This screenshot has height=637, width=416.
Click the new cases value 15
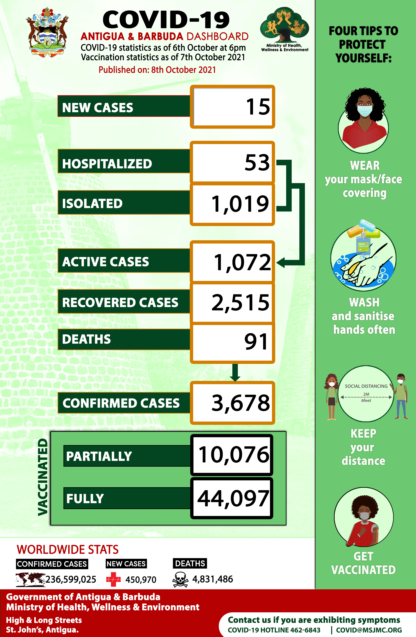[258, 107]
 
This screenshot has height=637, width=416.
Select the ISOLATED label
[92, 203]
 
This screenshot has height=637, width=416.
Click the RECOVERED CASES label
[120, 302]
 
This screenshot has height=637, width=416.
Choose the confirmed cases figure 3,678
[241, 403]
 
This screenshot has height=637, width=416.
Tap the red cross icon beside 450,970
[113, 580]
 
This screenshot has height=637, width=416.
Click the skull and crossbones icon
[180, 580]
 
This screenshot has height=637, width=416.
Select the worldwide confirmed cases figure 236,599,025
[71, 580]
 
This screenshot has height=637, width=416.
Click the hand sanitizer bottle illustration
[364, 244]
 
